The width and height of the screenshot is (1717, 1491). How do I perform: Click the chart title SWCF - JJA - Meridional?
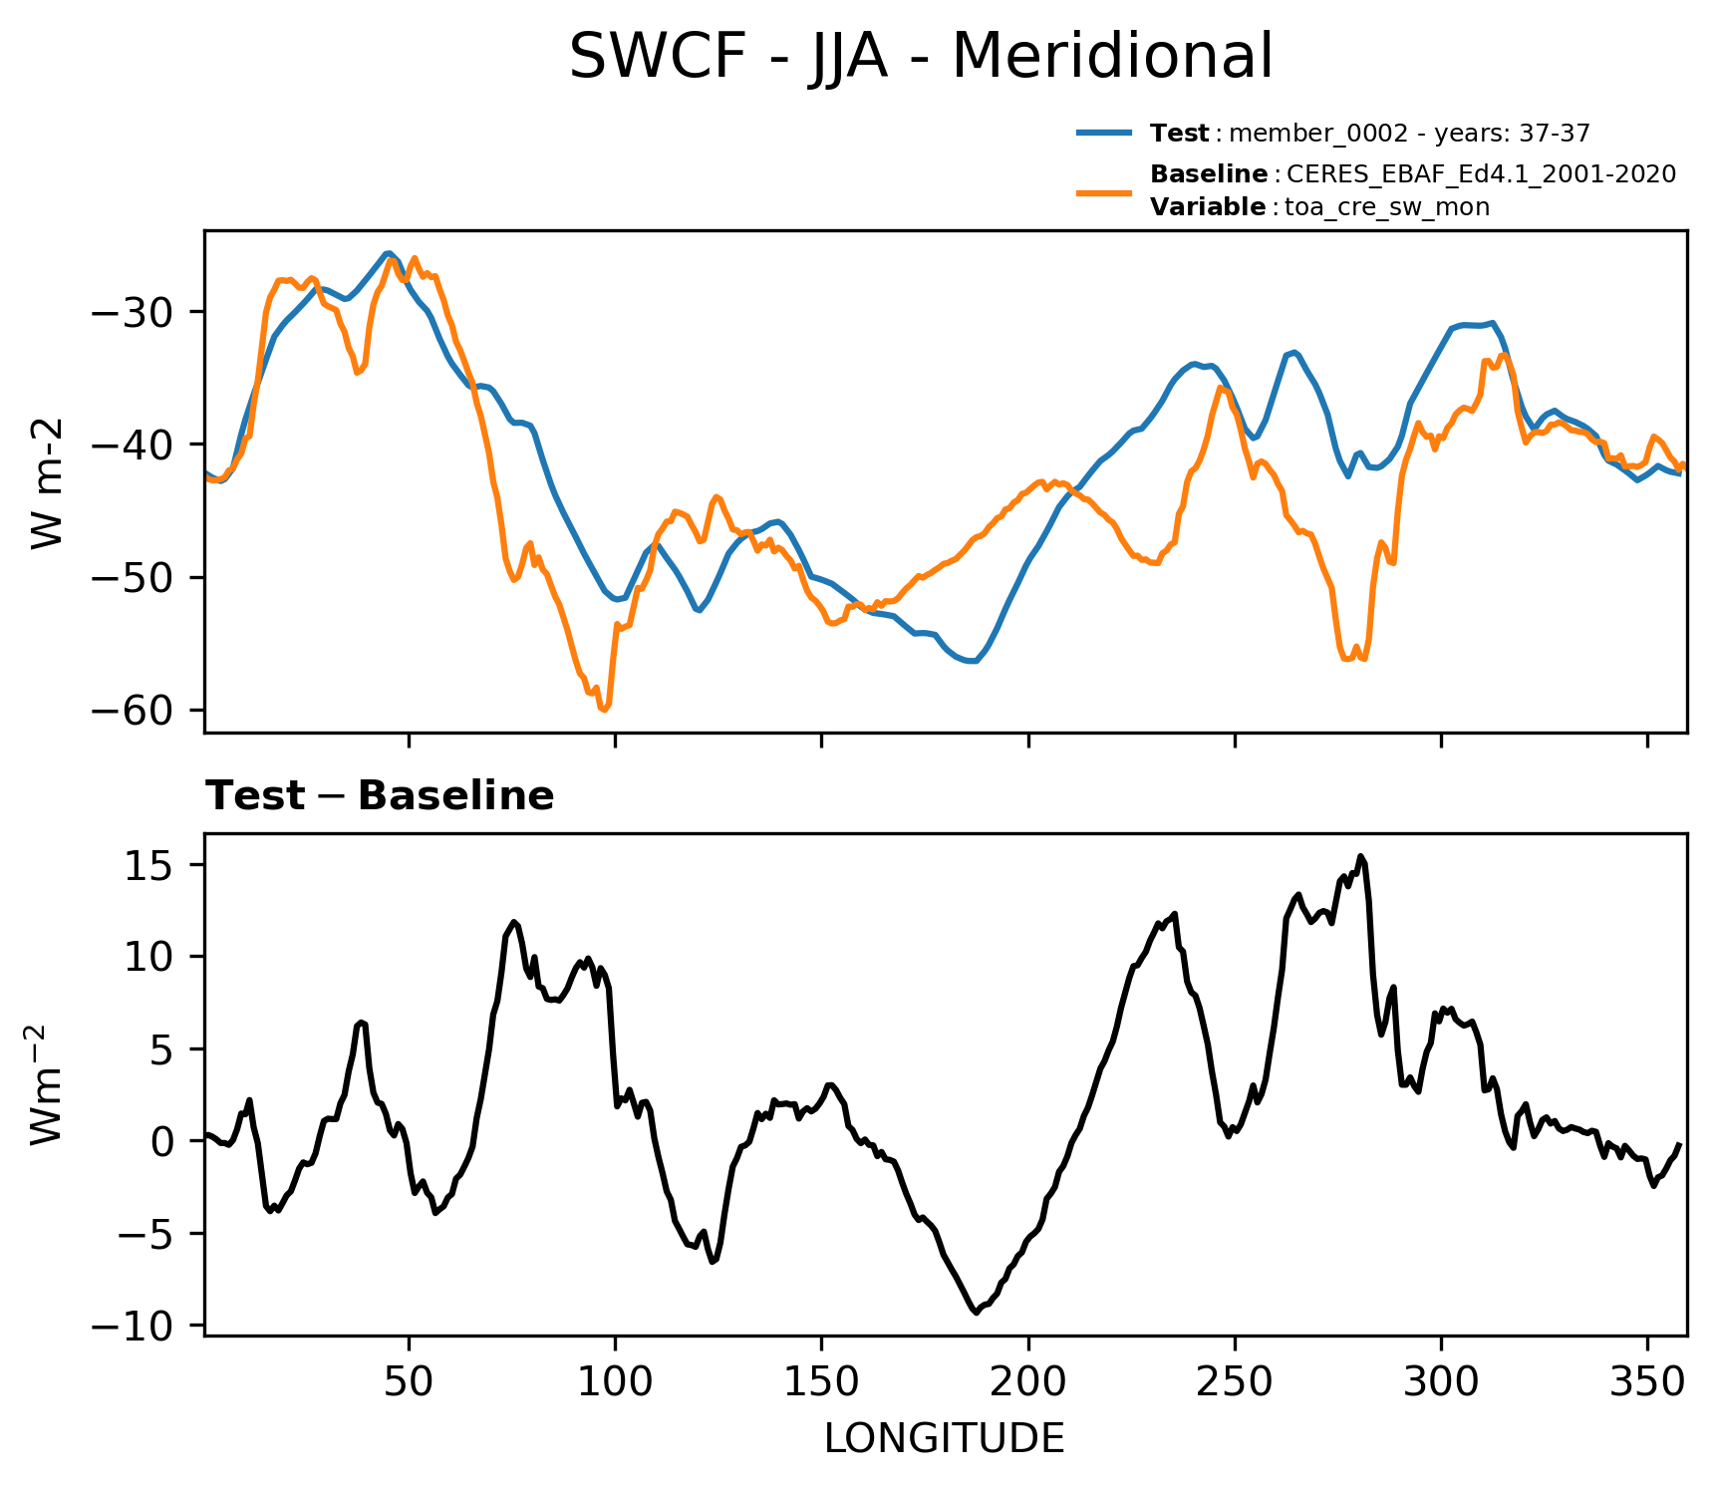[x=920, y=57]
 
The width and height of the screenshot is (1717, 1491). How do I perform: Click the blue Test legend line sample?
[x=1104, y=133]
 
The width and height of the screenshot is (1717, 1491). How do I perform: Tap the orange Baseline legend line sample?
[x=1104, y=191]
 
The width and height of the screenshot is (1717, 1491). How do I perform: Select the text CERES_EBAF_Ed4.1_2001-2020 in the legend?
[x=1481, y=174]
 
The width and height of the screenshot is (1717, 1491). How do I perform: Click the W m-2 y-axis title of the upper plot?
[x=47, y=483]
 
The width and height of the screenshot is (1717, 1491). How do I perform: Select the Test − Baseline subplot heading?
[x=380, y=796]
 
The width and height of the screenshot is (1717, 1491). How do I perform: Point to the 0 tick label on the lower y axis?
[x=162, y=1141]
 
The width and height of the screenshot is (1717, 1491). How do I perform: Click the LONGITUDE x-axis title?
[x=944, y=1439]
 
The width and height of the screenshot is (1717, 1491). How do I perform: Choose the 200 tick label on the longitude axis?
[x=1027, y=1380]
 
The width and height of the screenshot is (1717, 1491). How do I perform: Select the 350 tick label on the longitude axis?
[x=1647, y=1380]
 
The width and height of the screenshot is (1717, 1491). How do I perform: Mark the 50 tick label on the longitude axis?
[x=409, y=1380]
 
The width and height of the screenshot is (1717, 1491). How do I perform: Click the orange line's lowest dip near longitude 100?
[x=604, y=710]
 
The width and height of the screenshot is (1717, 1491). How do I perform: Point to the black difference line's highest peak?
[x=1361, y=856]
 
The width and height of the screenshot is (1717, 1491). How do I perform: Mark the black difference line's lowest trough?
[x=976, y=1313]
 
